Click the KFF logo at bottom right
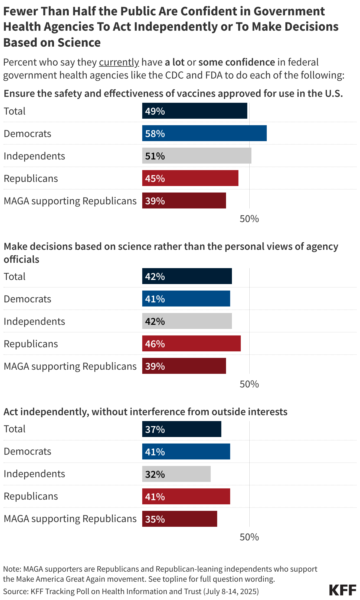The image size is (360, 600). coord(343,590)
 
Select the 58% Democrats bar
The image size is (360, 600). coord(204,133)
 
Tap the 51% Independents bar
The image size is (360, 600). coord(197,156)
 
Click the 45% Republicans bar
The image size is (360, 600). coord(190,178)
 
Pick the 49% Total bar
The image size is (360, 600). coord(194,111)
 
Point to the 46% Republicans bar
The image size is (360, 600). coord(191,343)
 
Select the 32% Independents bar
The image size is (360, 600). coord(176,474)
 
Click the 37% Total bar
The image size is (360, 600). coord(181,429)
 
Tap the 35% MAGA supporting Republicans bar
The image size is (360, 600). coord(179,519)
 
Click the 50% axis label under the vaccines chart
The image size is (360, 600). coord(249,219)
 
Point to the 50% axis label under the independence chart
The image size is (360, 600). coord(249,537)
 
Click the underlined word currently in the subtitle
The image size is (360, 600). coord(119,62)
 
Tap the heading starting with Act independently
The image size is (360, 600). coord(145,412)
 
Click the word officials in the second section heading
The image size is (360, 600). coord(21,259)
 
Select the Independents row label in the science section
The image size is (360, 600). coord(34,321)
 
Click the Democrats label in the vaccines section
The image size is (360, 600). coord(27,133)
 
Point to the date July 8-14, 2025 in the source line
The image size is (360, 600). coord(231,591)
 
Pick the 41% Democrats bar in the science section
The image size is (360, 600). coord(186,299)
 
